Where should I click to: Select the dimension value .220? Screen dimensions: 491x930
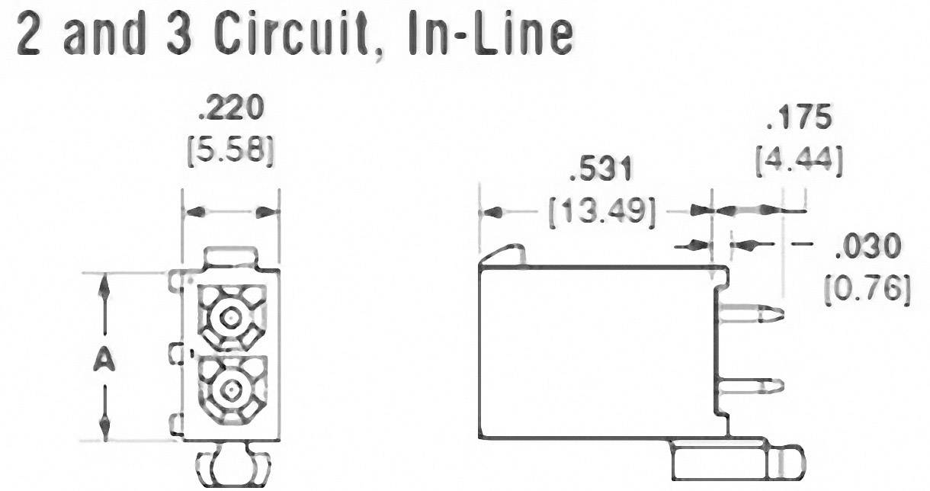tap(230, 109)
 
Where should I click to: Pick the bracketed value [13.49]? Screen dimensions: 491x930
tap(601, 211)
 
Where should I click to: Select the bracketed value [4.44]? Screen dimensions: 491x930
tap(798, 162)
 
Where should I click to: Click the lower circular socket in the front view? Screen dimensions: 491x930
tap(229, 390)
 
